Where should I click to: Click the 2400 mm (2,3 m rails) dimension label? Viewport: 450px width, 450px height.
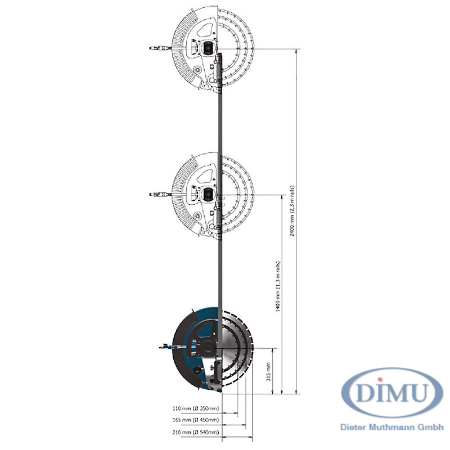click(291, 210)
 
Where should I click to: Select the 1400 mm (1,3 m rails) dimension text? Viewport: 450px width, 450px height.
click(277, 286)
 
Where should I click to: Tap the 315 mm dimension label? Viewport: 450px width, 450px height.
click(269, 372)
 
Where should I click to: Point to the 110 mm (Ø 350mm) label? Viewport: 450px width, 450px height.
click(196, 408)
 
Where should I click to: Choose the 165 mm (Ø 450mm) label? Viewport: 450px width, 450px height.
click(196, 420)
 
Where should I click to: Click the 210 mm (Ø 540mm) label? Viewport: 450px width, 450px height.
click(196, 432)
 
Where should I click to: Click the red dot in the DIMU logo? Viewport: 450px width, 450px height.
click(380, 380)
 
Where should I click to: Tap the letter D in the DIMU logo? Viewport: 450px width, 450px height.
click(365, 392)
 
